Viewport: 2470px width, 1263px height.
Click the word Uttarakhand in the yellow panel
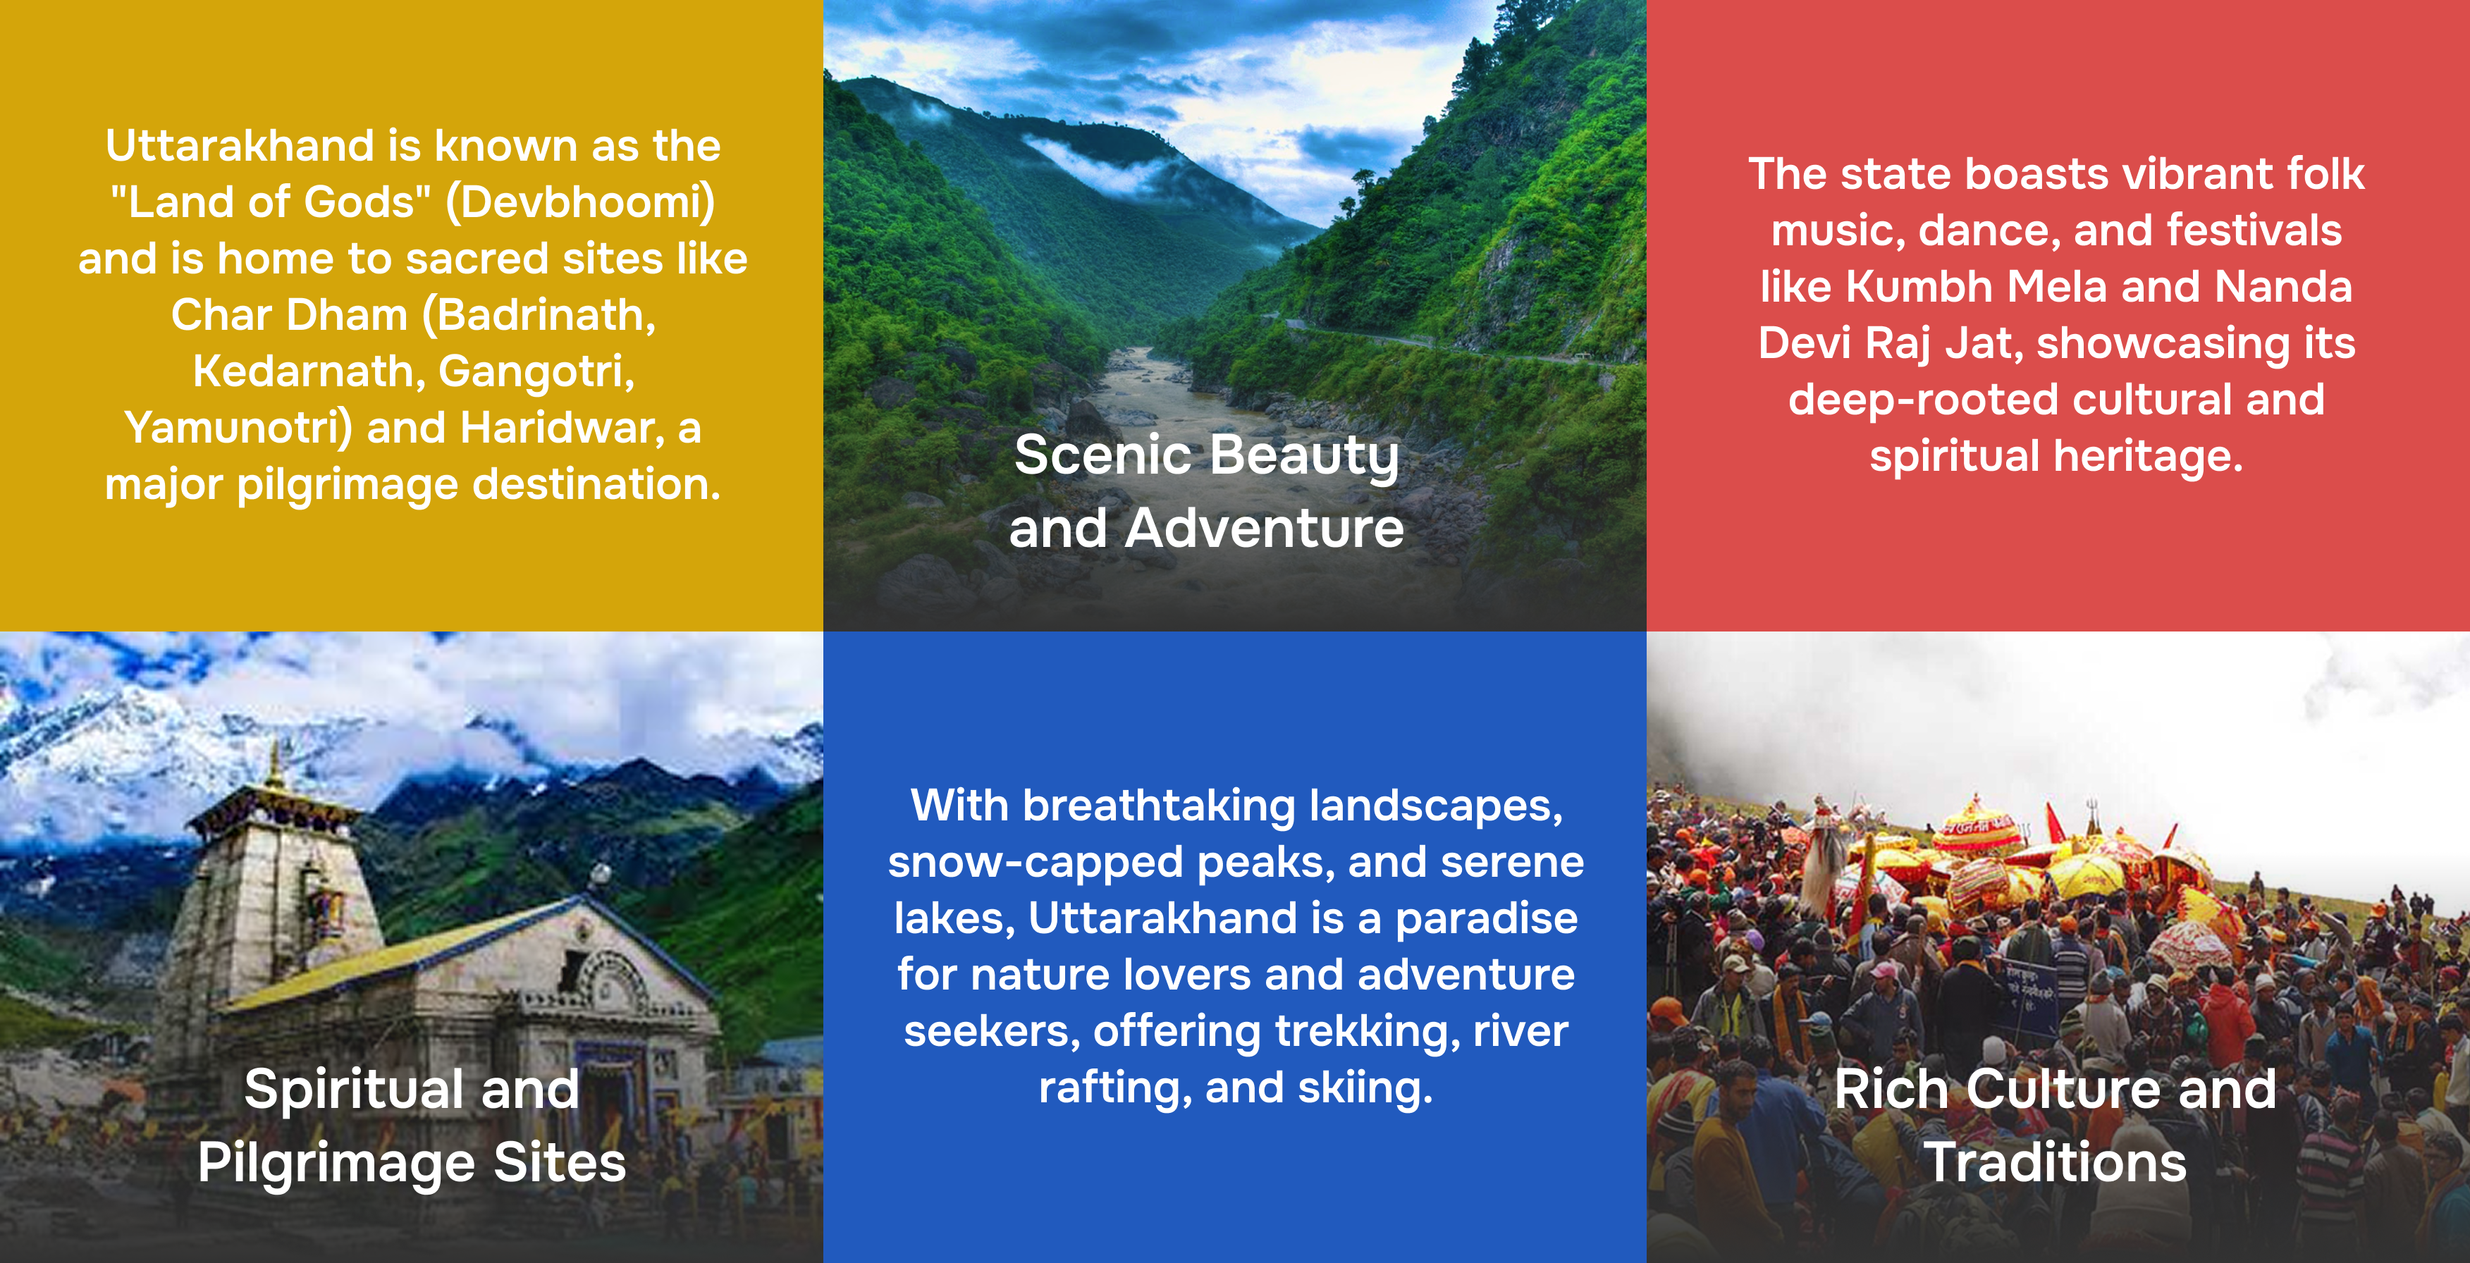pos(240,146)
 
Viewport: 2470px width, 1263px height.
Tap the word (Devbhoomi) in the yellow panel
pos(581,203)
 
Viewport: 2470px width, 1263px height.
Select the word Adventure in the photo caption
pos(1264,529)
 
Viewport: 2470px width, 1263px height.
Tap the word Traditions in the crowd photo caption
pos(2055,1163)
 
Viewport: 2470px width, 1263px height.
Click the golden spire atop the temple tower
pos(277,763)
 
